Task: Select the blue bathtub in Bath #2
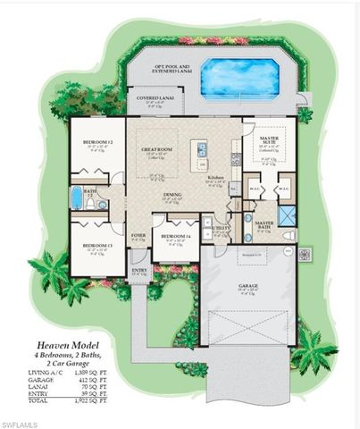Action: (x=77, y=197)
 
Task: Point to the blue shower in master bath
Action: (x=288, y=215)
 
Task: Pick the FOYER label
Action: (x=138, y=237)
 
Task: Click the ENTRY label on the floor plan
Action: (x=139, y=269)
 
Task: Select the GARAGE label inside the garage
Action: (x=247, y=285)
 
